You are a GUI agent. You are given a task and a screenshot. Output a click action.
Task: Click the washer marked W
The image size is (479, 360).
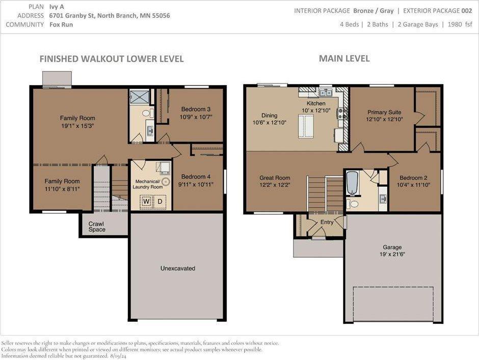click(146, 202)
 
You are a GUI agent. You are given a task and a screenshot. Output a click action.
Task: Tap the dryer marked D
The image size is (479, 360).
click(160, 202)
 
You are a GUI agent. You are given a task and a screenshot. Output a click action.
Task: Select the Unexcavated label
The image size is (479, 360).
click(178, 268)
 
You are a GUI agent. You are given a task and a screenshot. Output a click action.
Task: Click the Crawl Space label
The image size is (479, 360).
click(97, 227)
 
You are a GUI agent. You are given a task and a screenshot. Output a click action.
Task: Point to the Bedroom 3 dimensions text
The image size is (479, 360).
click(196, 117)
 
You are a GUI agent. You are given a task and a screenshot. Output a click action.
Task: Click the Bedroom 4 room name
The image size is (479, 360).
click(196, 177)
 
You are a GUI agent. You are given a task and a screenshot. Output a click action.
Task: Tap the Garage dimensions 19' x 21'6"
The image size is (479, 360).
click(392, 254)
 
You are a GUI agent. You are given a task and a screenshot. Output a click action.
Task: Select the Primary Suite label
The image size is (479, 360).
click(384, 112)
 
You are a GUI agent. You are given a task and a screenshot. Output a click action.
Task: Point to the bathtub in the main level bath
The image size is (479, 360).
click(352, 183)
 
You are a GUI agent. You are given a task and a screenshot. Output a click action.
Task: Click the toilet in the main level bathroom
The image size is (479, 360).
click(353, 203)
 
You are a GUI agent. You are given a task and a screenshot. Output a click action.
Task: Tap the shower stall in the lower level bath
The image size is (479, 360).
click(139, 96)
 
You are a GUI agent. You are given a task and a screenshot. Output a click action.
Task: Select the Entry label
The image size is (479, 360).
click(327, 223)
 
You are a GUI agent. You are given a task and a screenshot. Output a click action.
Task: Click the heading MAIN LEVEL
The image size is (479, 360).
click(344, 59)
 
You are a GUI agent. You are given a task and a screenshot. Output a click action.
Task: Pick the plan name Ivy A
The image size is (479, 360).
click(57, 7)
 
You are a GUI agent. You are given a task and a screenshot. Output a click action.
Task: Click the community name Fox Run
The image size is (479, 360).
click(61, 24)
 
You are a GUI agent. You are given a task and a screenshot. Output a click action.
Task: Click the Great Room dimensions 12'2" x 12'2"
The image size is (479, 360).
click(275, 185)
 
